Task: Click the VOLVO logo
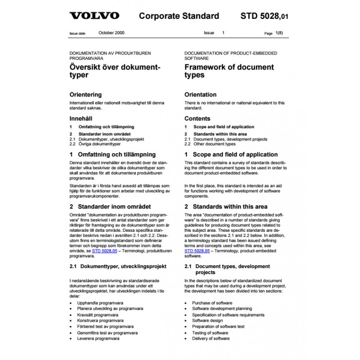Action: click(x=94, y=16)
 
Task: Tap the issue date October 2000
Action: click(x=112, y=33)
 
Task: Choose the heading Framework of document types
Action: click(x=229, y=71)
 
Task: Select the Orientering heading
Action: click(x=85, y=95)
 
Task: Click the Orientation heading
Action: click(x=201, y=95)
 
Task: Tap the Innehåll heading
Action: click(x=81, y=119)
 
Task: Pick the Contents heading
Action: click(x=197, y=119)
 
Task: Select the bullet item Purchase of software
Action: click(x=212, y=303)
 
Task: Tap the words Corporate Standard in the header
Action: click(x=179, y=16)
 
